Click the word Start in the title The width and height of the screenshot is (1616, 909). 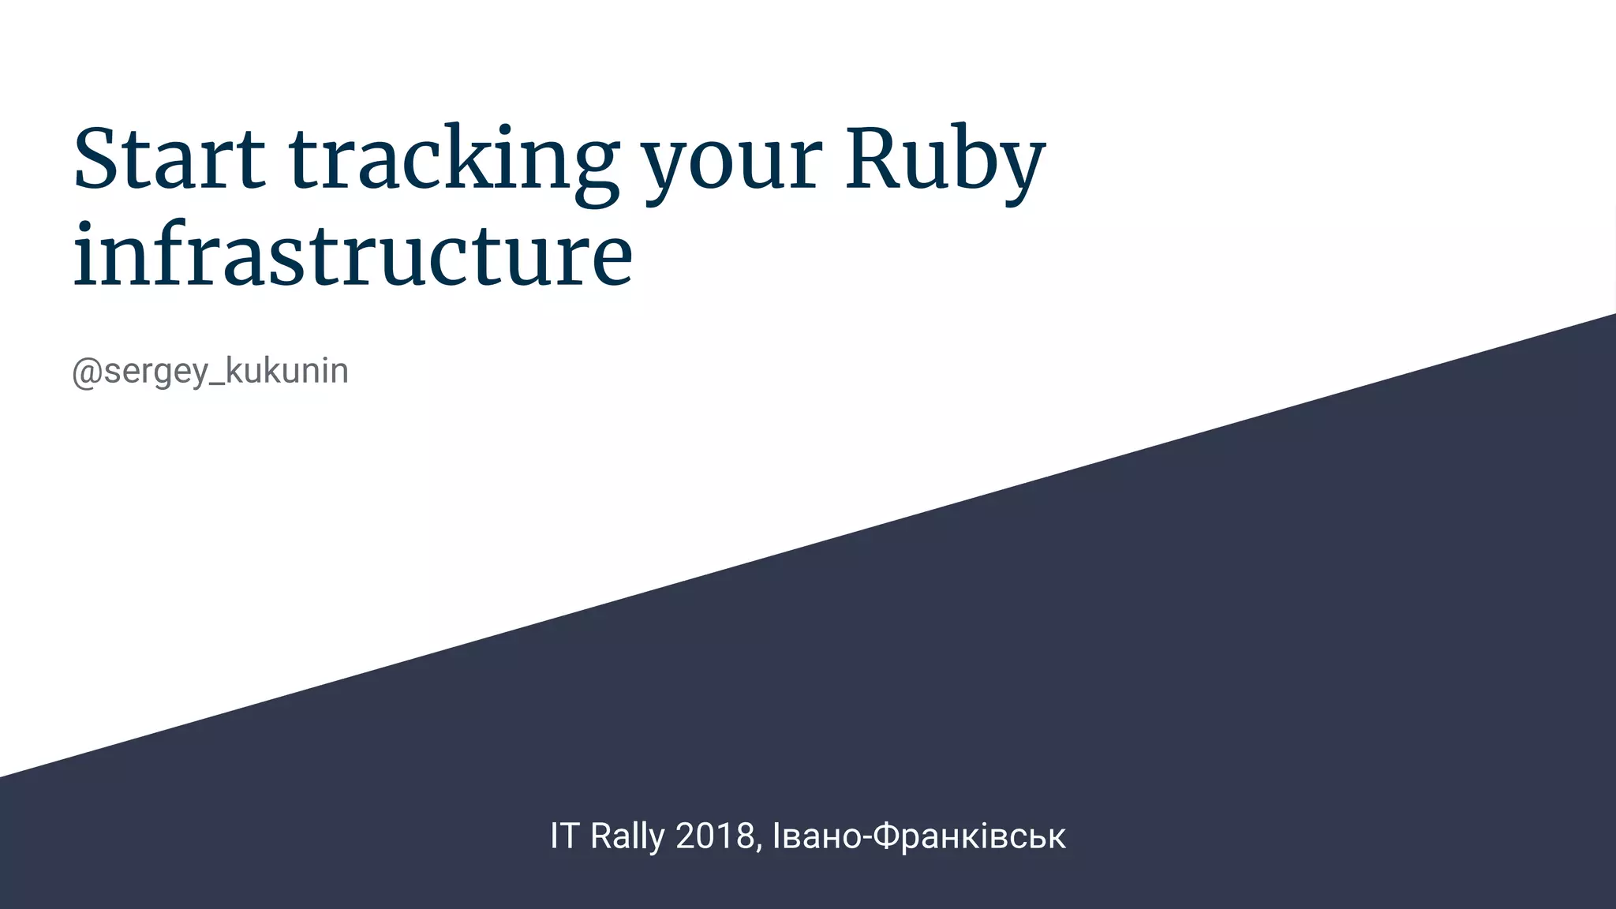tap(169, 159)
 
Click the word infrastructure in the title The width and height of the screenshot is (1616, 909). tap(353, 255)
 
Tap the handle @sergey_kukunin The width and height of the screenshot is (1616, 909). tap(210, 371)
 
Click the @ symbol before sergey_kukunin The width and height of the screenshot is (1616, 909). tap(86, 372)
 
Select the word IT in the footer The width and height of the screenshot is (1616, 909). tap(564, 836)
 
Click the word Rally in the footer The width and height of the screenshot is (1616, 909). tap(627, 836)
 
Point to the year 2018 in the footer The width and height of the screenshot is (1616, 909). tap(715, 836)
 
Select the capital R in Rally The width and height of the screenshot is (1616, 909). tap(601, 836)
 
